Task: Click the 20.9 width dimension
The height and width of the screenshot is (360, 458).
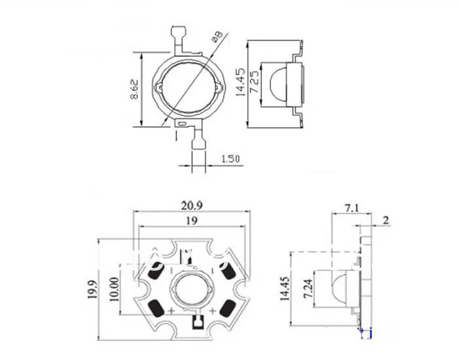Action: (x=192, y=205)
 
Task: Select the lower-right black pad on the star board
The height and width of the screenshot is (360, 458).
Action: (x=228, y=308)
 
